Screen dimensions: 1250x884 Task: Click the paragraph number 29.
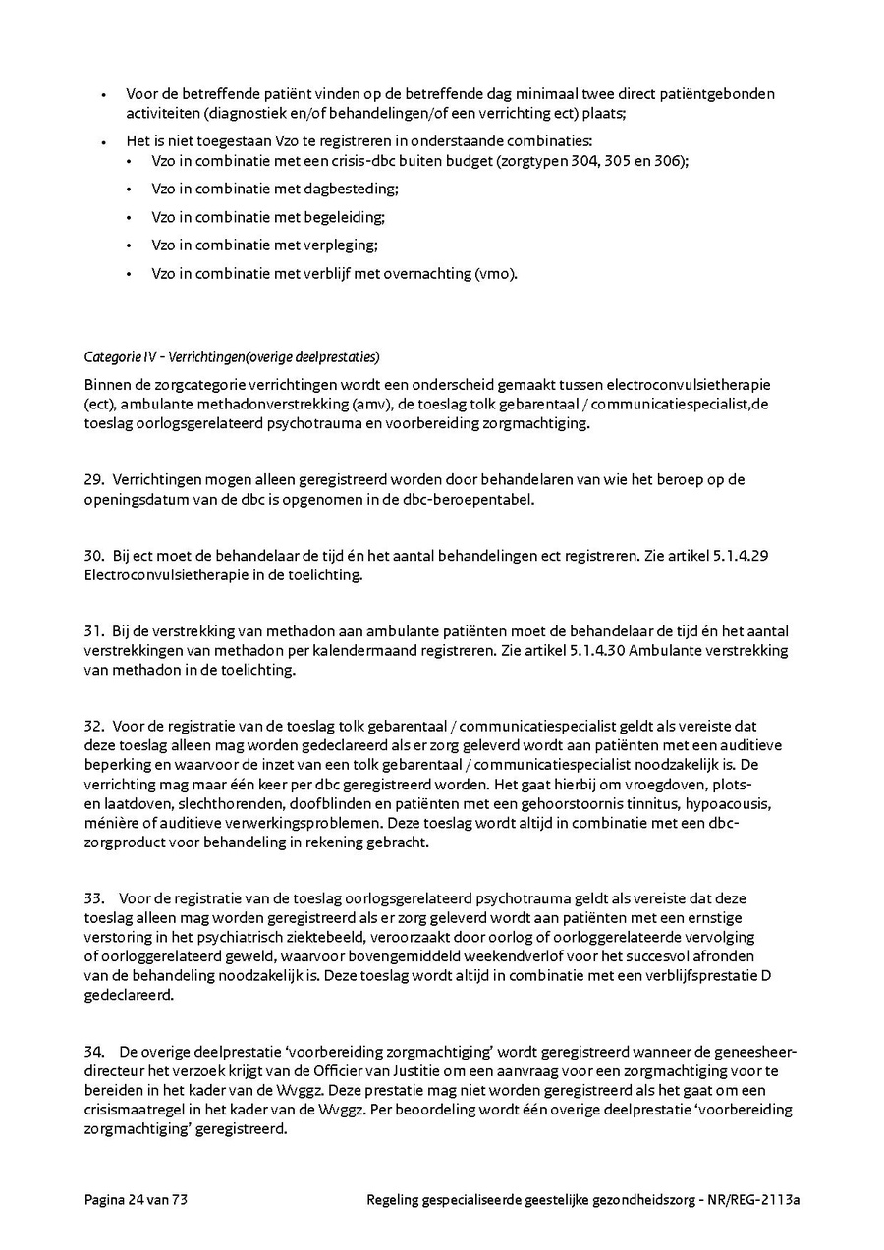coord(94,480)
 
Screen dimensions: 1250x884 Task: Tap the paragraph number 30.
coord(94,556)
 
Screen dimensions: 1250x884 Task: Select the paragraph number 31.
coord(94,631)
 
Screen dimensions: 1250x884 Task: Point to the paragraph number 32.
coord(94,727)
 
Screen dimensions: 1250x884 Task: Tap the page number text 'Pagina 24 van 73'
coord(136,1199)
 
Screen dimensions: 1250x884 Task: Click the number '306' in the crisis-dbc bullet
coord(673,160)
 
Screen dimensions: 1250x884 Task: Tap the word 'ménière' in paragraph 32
coord(109,823)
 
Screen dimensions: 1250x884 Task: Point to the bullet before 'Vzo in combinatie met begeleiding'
coord(129,217)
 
